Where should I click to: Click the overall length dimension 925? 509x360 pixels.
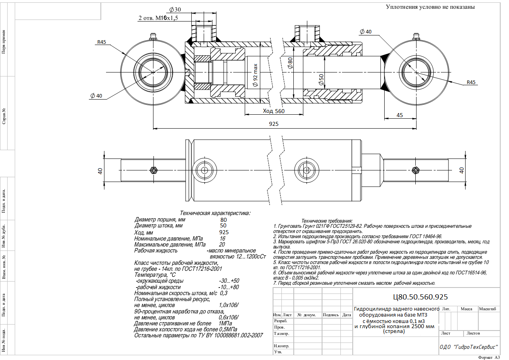point(273,124)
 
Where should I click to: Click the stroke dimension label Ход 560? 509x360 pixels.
point(273,111)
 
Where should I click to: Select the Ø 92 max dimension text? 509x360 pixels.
point(255,75)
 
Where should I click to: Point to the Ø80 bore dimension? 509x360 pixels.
point(290,63)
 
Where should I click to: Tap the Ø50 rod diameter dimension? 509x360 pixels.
point(321,80)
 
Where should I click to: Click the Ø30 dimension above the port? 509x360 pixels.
point(175,10)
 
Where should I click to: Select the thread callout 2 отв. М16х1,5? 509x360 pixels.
point(158,18)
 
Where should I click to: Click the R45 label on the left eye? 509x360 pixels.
point(102,42)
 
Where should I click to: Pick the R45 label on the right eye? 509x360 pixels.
point(471,82)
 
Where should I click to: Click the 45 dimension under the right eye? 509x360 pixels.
point(400,115)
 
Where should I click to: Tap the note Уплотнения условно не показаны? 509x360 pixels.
point(430,7)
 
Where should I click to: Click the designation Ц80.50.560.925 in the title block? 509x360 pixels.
point(421,297)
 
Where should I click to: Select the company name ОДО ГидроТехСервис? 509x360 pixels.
point(469,347)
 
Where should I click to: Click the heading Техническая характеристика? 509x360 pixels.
point(215,213)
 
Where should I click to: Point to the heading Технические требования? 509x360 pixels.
point(327,221)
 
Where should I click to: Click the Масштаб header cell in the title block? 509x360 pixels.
point(487,309)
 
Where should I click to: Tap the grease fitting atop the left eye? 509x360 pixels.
point(153,36)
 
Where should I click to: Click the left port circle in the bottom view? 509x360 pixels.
point(204,170)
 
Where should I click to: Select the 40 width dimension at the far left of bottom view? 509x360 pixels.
point(100,171)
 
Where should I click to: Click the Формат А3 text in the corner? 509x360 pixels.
point(489,358)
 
